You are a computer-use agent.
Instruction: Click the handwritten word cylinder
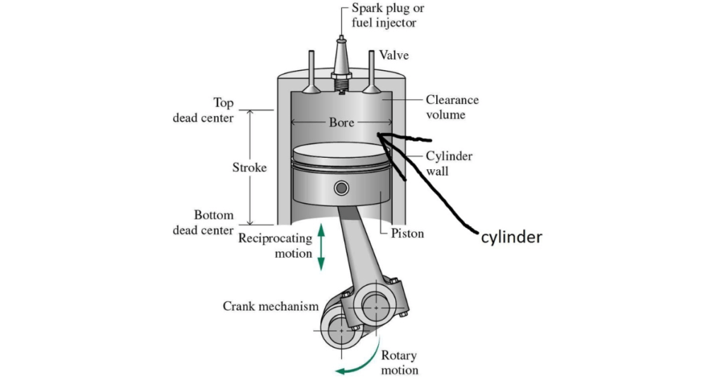pyautogui.click(x=511, y=237)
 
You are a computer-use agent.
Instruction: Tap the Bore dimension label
pyautogui.click(x=341, y=123)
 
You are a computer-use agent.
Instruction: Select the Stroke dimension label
pyautogui.click(x=250, y=167)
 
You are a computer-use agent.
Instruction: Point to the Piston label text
pyautogui.click(x=407, y=233)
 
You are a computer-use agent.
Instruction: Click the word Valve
pyautogui.click(x=394, y=55)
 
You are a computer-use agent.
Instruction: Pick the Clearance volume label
pyautogui.click(x=452, y=107)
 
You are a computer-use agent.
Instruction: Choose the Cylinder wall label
pyautogui.click(x=449, y=163)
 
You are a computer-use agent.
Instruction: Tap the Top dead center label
pyautogui.click(x=203, y=110)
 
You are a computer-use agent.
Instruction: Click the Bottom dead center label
pyautogui.click(x=203, y=222)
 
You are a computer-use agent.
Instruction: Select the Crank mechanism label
pyautogui.click(x=270, y=306)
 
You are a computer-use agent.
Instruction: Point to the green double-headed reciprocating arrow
pyautogui.click(x=321, y=247)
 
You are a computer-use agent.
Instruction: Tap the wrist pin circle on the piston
pyautogui.click(x=341, y=188)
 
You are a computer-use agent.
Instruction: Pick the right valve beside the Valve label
pyautogui.click(x=371, y=72)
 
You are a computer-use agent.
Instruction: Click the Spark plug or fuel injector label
pyautogui.click(x=387, y=16)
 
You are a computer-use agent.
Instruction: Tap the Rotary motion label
pyautogui.click(x=399, y=363)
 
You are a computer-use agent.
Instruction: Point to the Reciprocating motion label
pyautogui.click(x=275, y=246)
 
